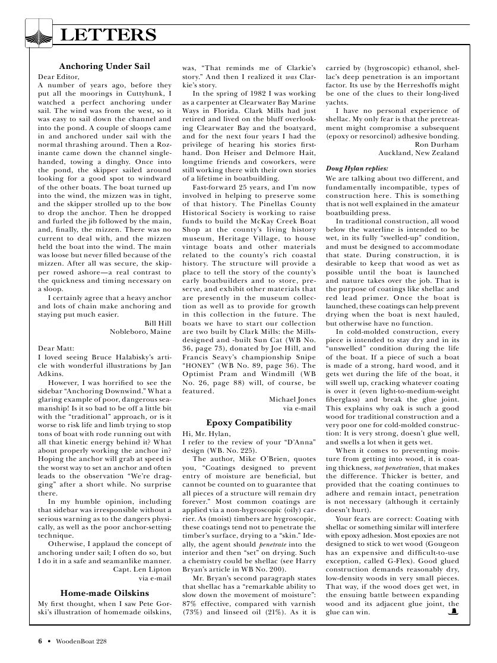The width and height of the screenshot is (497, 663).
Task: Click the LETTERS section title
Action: [x=109, y=34]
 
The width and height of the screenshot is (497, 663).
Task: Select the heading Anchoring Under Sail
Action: [x=105, y=66]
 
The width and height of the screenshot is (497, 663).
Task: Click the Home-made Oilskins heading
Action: [x=105, y=592]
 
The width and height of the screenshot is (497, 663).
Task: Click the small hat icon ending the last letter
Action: [x=452, y=611]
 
